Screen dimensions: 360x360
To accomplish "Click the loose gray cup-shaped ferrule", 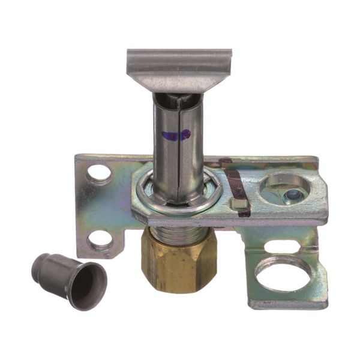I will tap(70, 279).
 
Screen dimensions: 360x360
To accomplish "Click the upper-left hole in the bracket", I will tap(99, 174).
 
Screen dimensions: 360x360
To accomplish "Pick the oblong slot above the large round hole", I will tap(281, 247).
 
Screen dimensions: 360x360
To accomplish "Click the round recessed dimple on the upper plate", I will tap(284, 190).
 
